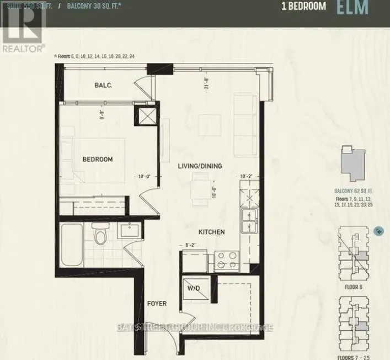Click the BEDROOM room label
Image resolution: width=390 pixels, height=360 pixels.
pyautogui.click(x=98, y=160)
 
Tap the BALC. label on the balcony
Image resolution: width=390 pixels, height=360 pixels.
pyautogui.click(x=103, y=85)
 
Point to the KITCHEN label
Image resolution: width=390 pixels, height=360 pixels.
pyautogui.click(x=212, y=232)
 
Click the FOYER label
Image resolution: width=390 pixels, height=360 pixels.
pyautogui.click(x=157, y=304)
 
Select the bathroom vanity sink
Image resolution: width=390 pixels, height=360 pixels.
pyautogui.click(x=130, y=230)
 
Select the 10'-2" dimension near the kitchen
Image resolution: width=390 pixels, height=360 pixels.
pyautogui.click(x=247, y=176)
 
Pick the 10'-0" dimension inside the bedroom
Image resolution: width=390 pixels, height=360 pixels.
pyautogui.click(x=146, y=177)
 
